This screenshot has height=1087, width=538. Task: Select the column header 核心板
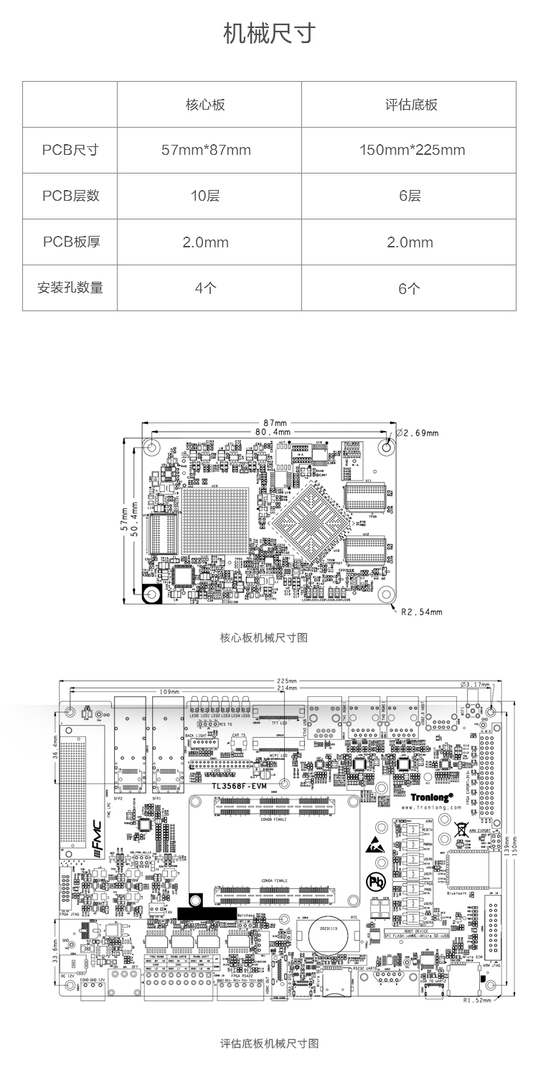coord(206,105)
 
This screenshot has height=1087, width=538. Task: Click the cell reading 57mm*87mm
coord(206,150)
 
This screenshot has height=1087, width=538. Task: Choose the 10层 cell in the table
coord(206,196)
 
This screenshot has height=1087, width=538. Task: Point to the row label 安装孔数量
coord(70,288)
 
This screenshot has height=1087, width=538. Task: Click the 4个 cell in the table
coord(206,288)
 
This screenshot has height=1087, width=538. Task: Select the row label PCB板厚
coord(70,242)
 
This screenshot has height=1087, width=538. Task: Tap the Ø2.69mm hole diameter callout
coord(417,433)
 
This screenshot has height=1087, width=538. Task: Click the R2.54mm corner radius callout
coord(422,612)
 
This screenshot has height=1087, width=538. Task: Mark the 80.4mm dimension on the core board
coord(273,432)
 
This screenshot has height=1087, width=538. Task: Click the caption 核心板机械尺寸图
coord(264,637)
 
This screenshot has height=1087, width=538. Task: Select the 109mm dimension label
coord(169,692)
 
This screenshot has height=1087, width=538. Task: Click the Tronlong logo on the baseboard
coord(433,796)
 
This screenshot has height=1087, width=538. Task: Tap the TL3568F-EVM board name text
coord(240,786)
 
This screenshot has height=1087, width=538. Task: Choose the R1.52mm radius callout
coord(478,1000)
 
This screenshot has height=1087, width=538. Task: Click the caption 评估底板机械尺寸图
coord(269,1043)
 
